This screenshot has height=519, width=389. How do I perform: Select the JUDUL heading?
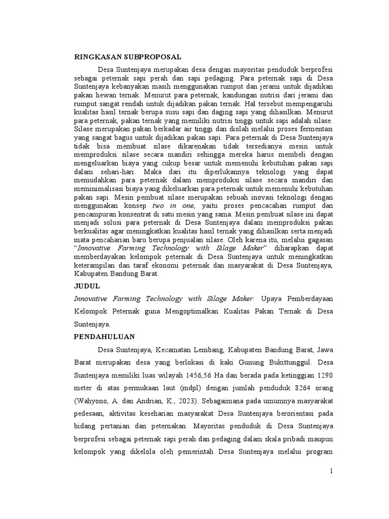coord(87,286)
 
